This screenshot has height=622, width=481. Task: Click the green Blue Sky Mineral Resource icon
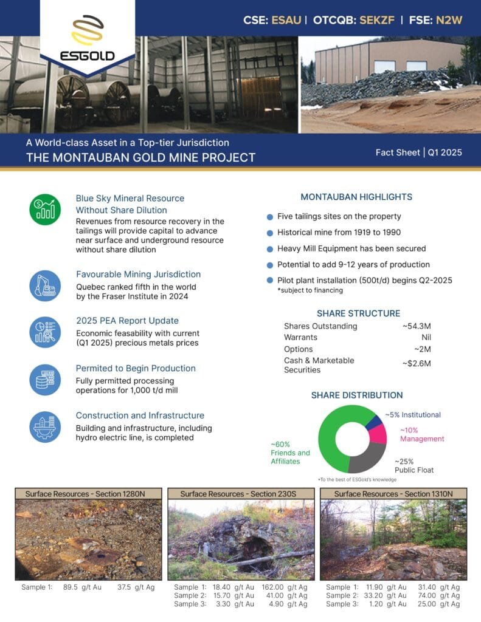coord(46,210)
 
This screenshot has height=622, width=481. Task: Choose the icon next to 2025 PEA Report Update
coord(46,332)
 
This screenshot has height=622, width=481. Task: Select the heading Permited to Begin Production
coord(136,368)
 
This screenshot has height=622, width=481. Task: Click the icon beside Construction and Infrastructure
coord(46,427)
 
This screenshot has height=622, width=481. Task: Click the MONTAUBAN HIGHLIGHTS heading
coord(356,197)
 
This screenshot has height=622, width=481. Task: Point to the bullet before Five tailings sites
coord(269,217)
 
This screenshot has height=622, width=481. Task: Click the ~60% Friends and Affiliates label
coord(290,453)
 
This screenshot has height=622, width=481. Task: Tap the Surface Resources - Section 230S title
coord(241,494)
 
